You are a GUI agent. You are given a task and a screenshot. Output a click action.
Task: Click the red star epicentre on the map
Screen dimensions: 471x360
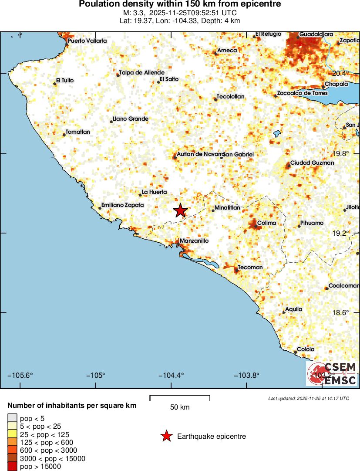[x=180, y=210]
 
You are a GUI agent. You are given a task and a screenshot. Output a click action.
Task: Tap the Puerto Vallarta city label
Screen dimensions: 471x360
[x=87, y=41]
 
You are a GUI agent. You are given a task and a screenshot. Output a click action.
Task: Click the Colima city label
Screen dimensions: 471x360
[x=266, y=223]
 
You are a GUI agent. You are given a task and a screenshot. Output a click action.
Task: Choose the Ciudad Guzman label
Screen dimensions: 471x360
[x=312, y=163]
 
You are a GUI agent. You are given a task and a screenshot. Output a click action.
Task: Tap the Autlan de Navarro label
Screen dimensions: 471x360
[x=201, y=154]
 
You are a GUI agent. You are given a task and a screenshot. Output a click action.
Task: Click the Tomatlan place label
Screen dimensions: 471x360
[x=77, y=132]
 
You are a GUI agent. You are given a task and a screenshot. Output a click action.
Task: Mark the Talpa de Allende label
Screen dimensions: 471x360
[x=142, y=73]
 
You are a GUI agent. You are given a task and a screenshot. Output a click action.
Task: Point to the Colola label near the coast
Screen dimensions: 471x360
[x=306, y=349]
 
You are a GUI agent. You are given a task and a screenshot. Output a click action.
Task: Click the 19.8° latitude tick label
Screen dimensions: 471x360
[x=341, y=153]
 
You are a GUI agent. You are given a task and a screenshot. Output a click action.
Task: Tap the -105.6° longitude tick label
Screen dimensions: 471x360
[x=22, y=376]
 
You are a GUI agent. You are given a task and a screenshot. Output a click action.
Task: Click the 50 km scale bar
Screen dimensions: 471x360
[x=180, y=397]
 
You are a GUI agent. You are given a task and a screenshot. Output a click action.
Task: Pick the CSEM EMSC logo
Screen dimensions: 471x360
[x=332, y=374]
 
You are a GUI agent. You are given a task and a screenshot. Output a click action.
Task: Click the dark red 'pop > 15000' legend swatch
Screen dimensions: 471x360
[x=12, y=466]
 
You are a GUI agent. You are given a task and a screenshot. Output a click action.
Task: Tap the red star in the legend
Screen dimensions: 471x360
[x=166, y=436]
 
